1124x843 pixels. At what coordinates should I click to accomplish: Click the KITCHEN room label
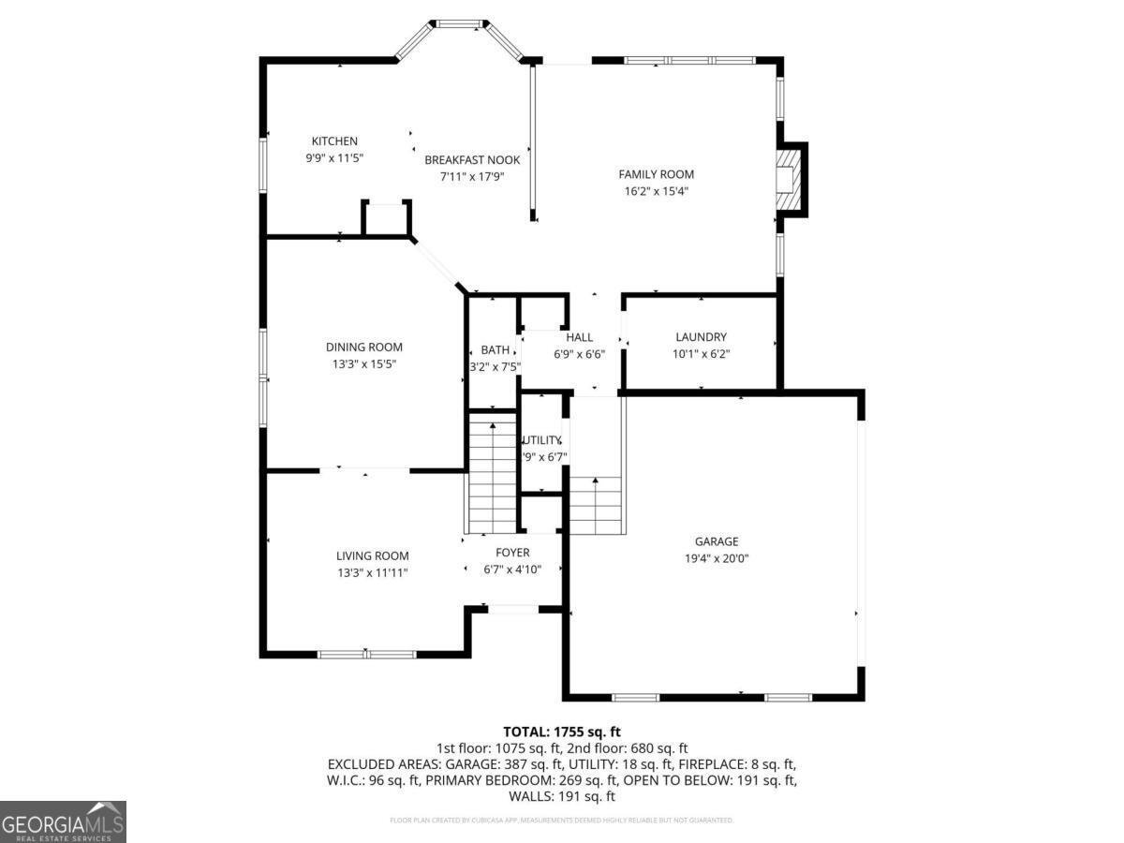(334, 141)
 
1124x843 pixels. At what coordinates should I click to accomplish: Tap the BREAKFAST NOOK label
(472, 159)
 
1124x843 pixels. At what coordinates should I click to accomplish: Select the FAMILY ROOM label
(656, 174)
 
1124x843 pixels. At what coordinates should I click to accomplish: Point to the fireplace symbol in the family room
(789, 179)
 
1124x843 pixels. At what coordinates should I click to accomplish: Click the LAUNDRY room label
(701, 337)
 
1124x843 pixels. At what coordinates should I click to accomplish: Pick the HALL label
(579, 337)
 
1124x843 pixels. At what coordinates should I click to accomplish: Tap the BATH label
(495, 350)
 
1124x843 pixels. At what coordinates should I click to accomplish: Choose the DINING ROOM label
(364, 348)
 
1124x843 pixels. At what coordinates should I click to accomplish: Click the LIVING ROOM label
(372, 556)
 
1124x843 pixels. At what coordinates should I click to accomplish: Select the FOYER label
(512, 553)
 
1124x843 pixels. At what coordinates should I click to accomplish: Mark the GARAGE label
(717, 541)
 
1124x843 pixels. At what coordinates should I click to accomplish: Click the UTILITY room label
(541, 440)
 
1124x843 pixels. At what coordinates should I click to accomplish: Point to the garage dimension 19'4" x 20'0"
(717, 558)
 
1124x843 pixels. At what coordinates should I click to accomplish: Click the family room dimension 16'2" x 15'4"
(656, 191)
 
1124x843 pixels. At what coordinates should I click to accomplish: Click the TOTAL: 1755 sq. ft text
(562, 732)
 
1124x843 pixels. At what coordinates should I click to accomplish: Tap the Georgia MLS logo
(63, 821)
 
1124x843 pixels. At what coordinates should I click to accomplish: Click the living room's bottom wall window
(366, 654)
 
